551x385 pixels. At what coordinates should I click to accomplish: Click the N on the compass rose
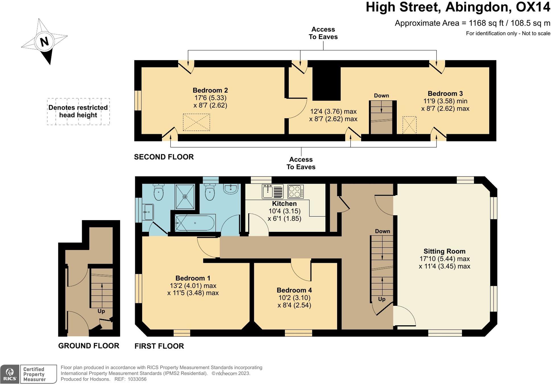(44, 42)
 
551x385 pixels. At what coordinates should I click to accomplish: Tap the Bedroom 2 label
(210, 90)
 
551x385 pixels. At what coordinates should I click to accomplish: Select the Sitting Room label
(444, 251)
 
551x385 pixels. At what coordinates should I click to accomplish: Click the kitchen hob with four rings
(295, 191)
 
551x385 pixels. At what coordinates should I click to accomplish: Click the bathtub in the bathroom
(195, 223)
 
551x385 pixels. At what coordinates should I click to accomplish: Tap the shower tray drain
(185, 196)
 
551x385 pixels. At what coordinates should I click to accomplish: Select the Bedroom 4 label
(294, 290)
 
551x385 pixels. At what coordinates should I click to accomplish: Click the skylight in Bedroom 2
(196, 122)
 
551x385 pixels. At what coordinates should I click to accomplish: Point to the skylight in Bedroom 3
(409, 125)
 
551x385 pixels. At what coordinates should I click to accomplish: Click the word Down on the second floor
(381, 96)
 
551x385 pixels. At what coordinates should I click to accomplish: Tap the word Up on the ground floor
(101, 311)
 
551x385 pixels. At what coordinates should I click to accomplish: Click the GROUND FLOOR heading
(89, 346)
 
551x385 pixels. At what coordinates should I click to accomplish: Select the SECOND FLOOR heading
(164, 157)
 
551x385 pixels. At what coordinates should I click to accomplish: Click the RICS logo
(10, 374)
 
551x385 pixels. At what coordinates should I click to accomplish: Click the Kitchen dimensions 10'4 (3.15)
(285, 211)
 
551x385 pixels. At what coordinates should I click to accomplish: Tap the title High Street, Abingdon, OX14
(458, 7)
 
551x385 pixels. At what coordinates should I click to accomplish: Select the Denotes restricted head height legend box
(78, 111)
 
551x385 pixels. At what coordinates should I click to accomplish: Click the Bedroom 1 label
(193, 278)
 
